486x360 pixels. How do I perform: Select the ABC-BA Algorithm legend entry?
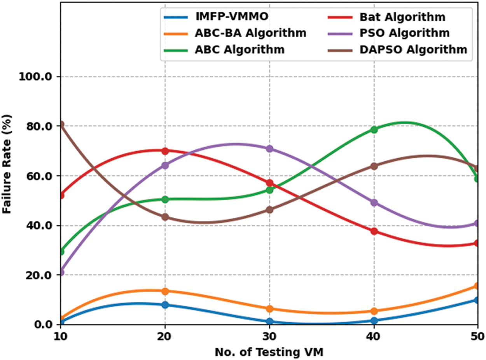[x=250, y=33]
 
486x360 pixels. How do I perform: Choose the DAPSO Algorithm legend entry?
[x=418, y=50]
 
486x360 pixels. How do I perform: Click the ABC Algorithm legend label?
[x=240, y=50]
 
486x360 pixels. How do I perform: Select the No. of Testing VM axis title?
[x=269, y=352]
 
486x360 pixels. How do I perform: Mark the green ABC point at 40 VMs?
[x=374, y=129]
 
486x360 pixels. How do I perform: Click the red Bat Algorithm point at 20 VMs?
[x=165, y=151]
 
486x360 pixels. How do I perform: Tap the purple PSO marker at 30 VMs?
[x=269, y=149]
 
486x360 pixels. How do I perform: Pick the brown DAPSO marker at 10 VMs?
[x=61, y=125]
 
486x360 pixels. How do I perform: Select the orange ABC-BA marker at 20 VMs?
[x=165, y=291]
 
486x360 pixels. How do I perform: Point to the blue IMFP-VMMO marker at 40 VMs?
[x=374, y=321]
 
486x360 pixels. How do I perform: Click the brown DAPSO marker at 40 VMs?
[x=374, y=166]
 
